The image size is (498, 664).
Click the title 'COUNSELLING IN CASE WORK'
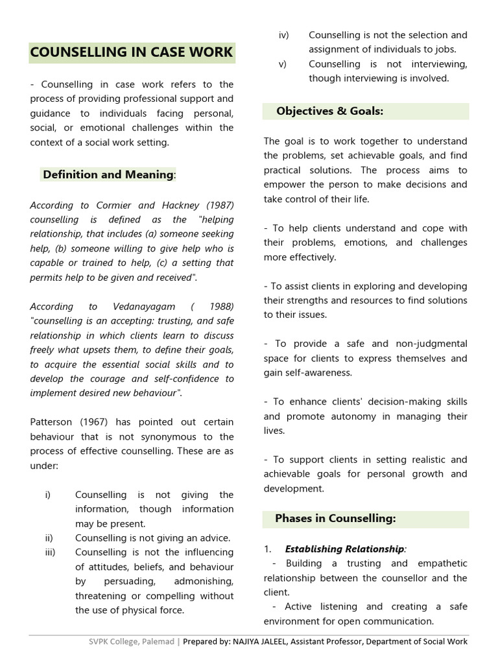132,52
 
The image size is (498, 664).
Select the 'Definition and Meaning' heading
108,174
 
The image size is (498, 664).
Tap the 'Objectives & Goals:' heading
329,111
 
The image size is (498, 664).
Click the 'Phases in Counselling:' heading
335,518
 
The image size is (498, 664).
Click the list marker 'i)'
47,495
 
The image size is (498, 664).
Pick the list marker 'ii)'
49,538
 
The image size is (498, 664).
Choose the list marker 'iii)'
50,552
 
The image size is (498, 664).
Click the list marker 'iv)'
283,34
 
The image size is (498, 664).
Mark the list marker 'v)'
282,64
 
